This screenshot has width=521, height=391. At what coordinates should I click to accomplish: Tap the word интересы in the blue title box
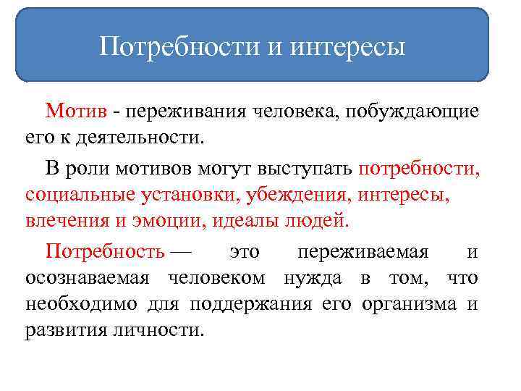[x=348, y=49]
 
